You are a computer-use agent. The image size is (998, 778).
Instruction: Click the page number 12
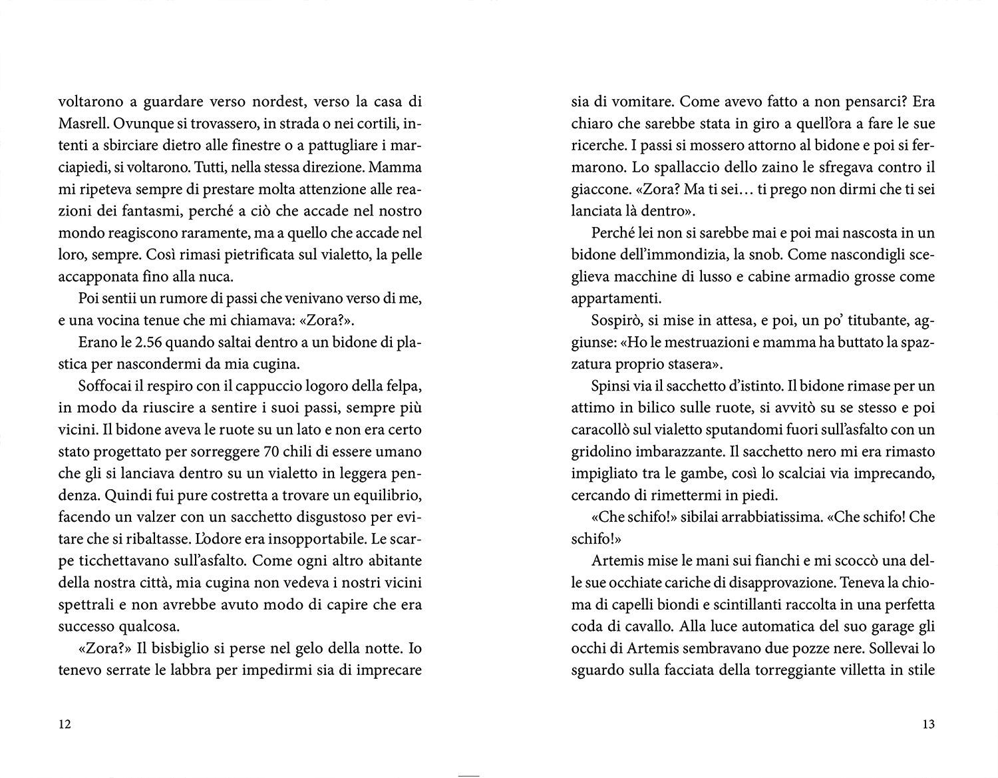[65, 725]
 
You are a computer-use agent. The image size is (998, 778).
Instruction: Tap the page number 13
[928, 725]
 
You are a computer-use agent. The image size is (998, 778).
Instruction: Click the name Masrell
[83, 124]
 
